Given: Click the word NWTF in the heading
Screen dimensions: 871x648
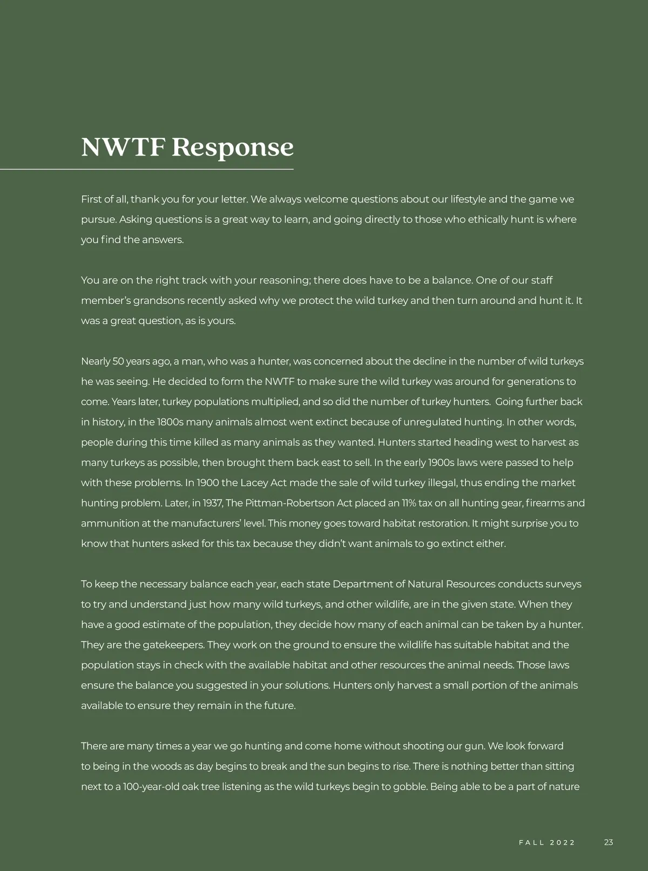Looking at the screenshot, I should click(122, 147).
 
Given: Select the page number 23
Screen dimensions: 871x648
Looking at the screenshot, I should click(609, 842).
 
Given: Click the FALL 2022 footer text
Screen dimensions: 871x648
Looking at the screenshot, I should click(547, 843).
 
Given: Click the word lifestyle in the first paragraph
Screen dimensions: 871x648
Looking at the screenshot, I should click(468, 199).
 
